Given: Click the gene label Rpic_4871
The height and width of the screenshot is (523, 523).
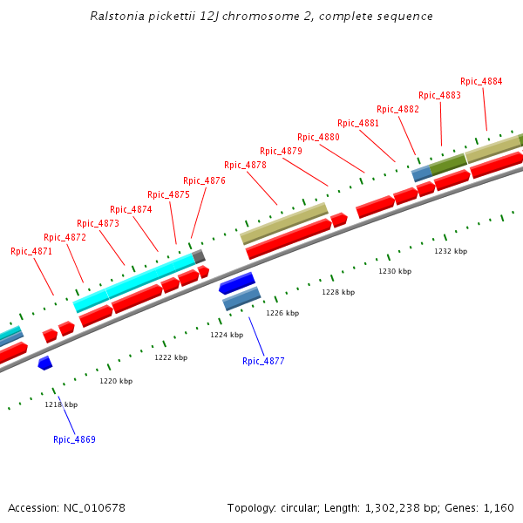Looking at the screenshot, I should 31,251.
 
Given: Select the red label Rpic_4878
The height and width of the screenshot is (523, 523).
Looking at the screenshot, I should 245,165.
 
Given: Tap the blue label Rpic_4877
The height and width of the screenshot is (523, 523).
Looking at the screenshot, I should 263,361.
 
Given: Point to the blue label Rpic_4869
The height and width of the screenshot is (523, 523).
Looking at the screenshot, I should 74,439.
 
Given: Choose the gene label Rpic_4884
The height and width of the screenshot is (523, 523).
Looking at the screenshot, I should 481,81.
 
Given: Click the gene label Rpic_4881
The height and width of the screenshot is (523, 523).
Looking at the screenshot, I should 358,123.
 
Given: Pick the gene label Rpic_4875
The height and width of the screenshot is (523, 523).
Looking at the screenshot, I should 168,194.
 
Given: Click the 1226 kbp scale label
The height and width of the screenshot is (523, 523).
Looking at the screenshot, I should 282,313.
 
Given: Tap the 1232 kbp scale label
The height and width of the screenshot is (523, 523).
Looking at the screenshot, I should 451,251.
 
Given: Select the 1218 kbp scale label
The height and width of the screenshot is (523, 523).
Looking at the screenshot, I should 61,404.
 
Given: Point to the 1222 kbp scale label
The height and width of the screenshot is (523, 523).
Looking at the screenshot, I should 171,357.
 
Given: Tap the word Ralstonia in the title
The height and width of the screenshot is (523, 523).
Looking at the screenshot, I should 118,17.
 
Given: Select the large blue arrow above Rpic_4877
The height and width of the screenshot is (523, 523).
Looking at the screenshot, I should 236,283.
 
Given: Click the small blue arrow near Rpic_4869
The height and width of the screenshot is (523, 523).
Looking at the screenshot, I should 45,363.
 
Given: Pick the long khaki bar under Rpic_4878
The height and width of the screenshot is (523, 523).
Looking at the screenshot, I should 284,223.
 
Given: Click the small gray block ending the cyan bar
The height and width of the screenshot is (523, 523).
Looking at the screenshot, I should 200,256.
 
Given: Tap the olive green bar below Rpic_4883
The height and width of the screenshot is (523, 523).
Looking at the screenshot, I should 448,162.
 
